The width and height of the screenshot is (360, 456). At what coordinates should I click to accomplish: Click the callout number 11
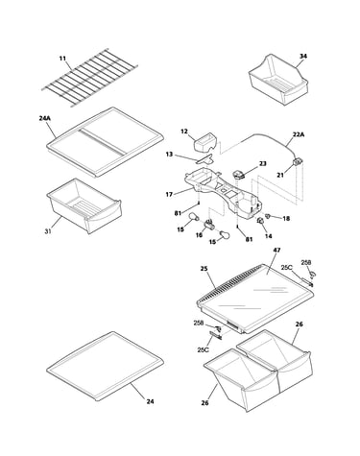[x=62, y=59]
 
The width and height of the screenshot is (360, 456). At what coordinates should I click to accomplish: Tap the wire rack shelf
[x=90, y=78]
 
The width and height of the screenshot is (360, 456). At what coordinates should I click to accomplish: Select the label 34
[x=303, y=57]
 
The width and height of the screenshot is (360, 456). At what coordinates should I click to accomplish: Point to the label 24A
[x=45, y=118]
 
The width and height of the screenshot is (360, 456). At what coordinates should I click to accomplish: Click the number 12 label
[x=184, y=132]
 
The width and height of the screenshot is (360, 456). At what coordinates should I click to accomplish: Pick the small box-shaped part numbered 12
[x=205, y=142]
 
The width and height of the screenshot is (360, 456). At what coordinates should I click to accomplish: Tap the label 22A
[x=299, y=134]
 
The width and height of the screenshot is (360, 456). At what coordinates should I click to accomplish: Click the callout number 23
[x=263, y=164]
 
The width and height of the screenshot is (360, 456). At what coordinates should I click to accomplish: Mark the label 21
[x=280, y=176]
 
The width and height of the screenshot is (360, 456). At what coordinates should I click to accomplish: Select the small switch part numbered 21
[x=298, y=163]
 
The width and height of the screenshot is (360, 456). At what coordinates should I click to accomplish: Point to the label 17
[x=169, y=194]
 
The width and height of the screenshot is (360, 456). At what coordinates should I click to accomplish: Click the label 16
[x=199, y=235]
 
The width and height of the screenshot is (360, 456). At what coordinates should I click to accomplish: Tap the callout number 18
[x=286, y=219]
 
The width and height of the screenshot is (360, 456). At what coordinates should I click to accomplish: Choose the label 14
[x=269, y=236]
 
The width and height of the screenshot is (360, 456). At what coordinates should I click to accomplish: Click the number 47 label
[x=276, y=251]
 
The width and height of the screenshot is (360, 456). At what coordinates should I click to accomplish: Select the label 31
[x=48, y=231]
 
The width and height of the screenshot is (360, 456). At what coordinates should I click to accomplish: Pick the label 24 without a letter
[x=150, y=401]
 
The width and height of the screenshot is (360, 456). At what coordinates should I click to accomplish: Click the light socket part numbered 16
[x=209, y=224]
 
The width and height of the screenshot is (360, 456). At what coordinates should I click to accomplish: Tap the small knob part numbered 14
[x=260, y=220]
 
